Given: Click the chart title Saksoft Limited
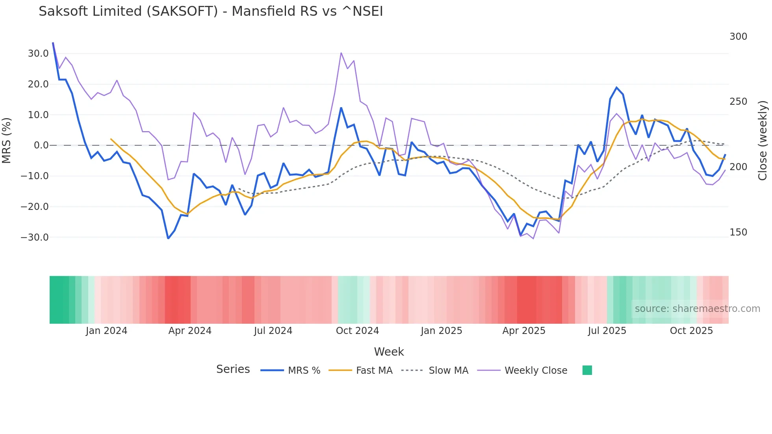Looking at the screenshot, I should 211,11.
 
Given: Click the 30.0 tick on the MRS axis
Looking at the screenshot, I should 38,54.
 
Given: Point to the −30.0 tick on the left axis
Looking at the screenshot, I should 35,237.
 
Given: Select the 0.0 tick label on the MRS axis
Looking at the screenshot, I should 41,145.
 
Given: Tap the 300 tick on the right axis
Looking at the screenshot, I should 738,37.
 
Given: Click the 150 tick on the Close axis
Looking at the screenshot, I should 738,232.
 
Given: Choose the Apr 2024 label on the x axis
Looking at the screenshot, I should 190,331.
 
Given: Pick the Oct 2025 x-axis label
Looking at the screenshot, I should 691,331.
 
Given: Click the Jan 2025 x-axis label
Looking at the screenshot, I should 441,331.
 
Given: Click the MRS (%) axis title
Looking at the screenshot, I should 7,141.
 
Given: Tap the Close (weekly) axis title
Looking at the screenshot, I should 763,141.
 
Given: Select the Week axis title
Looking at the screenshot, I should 389,352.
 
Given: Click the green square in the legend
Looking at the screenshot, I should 587,370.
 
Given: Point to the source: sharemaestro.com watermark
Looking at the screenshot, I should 697,309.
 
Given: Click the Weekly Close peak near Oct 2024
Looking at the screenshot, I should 341,53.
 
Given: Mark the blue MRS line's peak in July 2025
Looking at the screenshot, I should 616,87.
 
